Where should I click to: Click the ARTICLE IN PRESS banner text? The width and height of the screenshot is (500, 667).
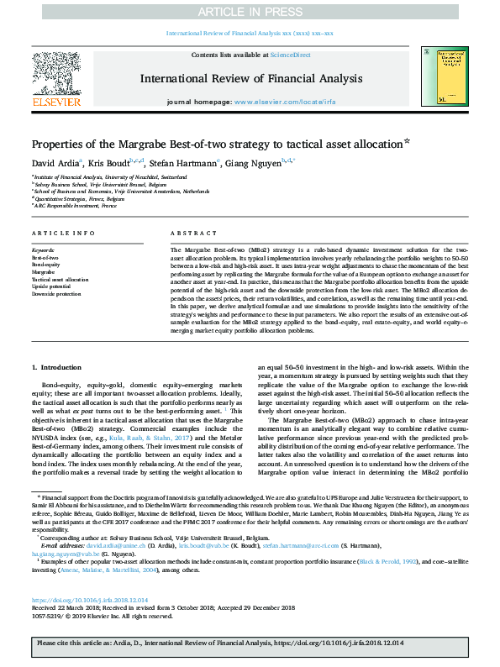(x=249, y=12)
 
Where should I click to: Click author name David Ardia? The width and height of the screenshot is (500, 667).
(x=55, y=161)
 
